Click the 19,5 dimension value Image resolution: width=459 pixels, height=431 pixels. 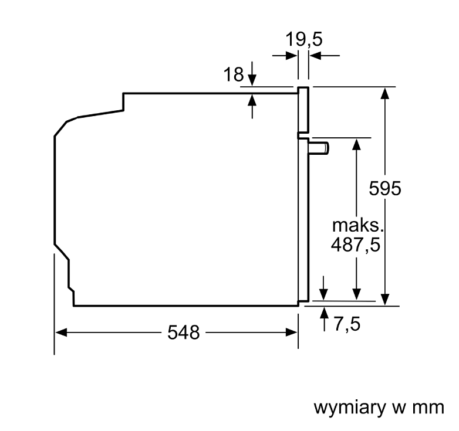(304, 39)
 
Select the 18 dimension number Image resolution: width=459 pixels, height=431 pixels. (233, 74)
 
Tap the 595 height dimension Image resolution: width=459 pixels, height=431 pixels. (384, 188)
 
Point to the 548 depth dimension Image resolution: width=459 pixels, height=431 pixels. (184, 332)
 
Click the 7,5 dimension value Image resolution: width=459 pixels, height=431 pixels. (347, 324)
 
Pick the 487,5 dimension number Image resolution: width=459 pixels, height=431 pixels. (355, 245)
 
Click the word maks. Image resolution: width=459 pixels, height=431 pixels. (357, 225)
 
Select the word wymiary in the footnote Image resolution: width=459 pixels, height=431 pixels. (350, 408)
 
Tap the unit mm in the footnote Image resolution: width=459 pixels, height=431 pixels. (428, 408)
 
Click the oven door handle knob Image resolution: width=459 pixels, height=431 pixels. (319, 148)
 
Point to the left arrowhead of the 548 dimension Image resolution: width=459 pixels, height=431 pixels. (61, 332)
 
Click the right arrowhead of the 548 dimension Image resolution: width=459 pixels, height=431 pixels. (292, 332)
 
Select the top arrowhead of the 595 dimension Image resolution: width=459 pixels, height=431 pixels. (385, 93)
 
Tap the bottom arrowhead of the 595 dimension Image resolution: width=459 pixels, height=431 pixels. (385, 300)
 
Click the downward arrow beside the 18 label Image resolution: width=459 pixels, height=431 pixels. (252, 74)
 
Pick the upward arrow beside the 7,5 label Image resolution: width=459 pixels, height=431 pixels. (324, 320)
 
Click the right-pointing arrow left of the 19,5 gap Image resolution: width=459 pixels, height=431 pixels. (285, 55)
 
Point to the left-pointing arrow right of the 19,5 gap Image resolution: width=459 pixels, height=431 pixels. (325, 55)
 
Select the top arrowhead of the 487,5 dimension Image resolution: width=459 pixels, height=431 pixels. (356, 144)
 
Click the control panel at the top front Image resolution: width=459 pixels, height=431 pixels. (303, 110)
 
